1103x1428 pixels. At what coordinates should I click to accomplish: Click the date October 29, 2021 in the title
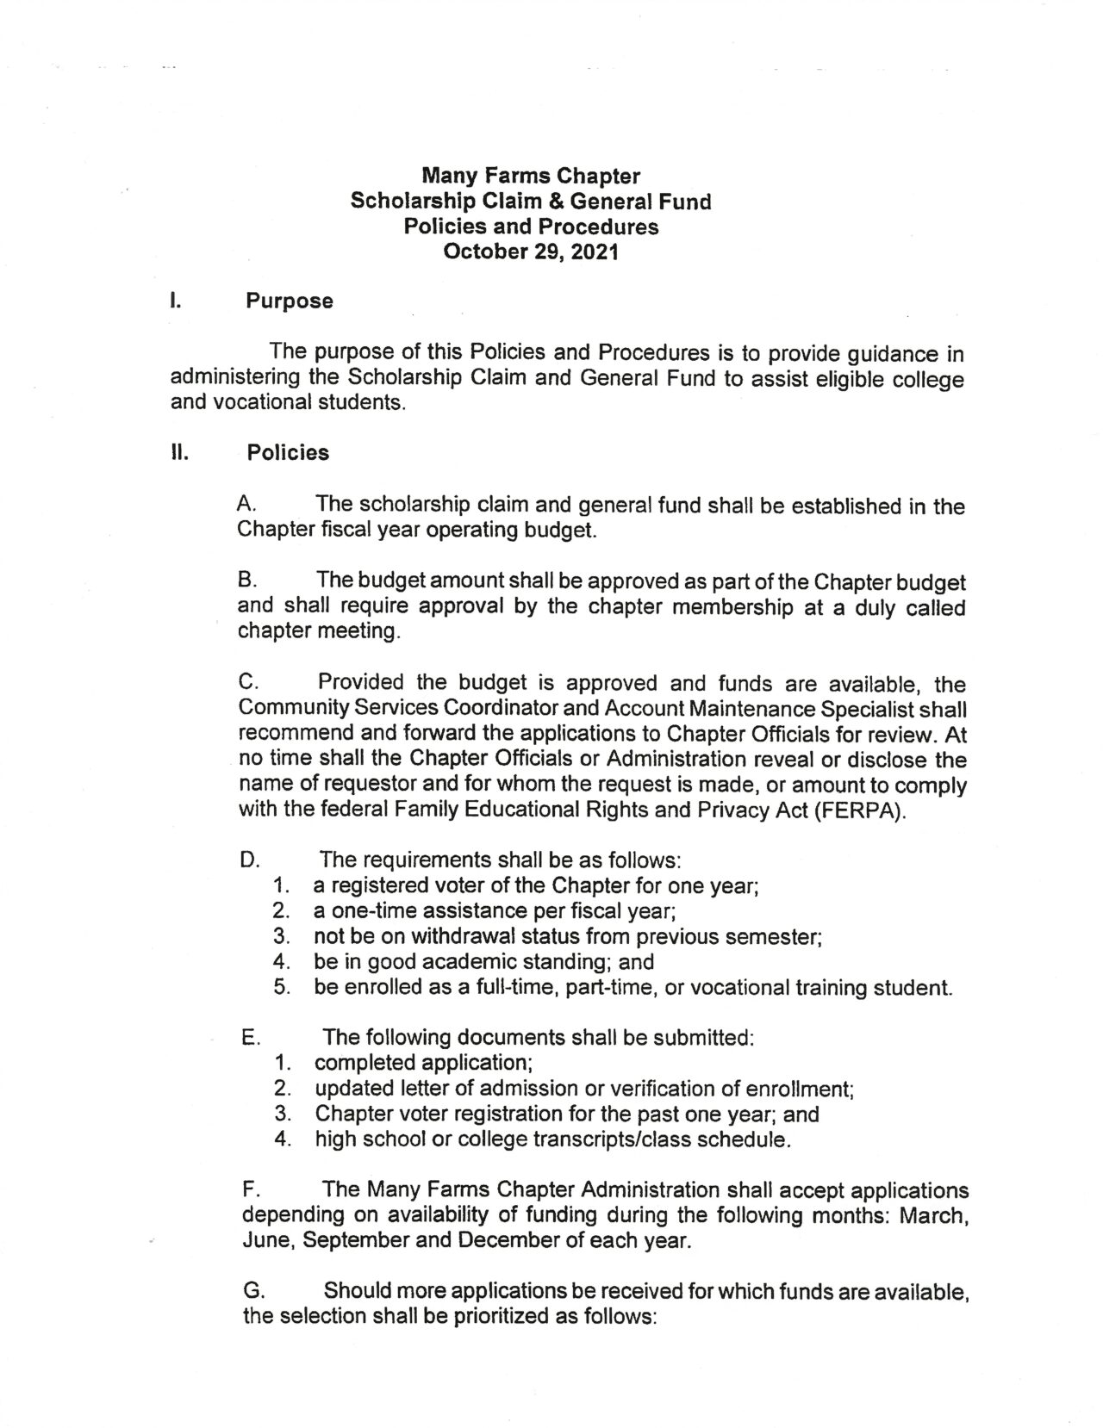pos(530,252)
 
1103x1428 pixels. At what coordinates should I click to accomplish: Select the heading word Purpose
pos(290,301)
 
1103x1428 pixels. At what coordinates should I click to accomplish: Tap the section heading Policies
pos(288,453)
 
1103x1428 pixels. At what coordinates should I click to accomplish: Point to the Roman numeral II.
pos(178,453)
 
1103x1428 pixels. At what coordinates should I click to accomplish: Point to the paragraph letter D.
pos(250,860)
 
